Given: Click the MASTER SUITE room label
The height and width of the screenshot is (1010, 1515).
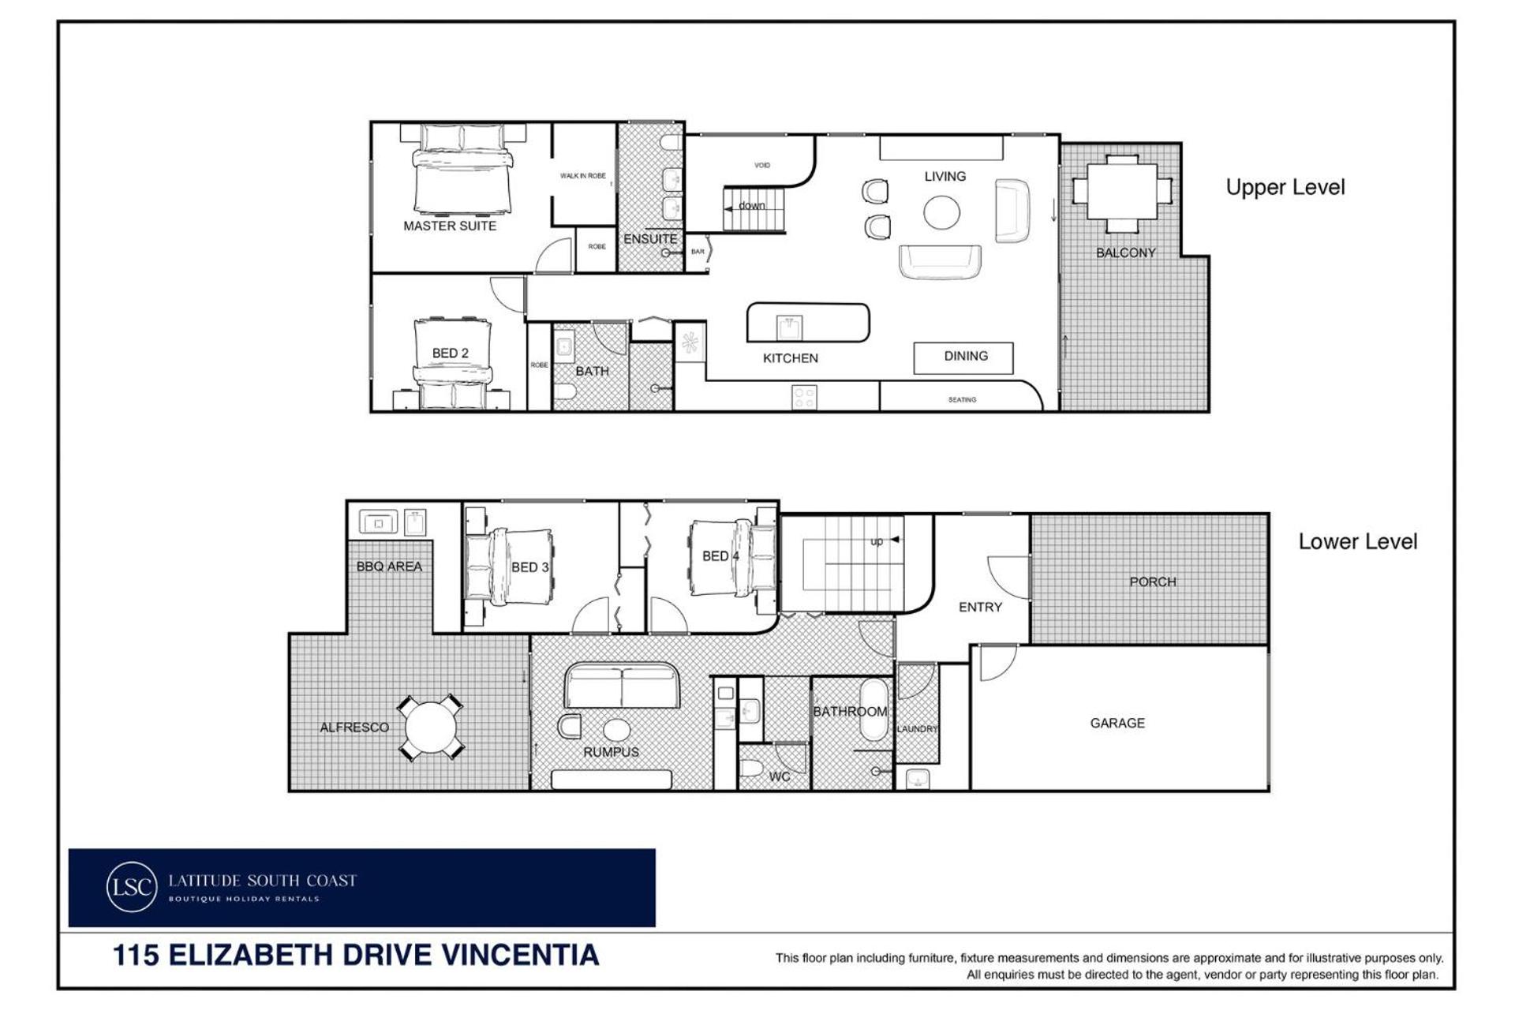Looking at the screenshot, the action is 450,226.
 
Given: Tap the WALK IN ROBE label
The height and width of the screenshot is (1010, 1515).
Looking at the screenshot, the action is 583,176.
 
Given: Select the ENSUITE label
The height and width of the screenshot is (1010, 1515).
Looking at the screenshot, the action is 650,239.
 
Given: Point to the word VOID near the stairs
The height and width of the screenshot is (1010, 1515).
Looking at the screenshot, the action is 762,165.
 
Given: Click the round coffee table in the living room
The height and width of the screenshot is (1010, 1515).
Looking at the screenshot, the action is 942,212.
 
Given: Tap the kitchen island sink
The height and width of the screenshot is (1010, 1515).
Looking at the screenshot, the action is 789,326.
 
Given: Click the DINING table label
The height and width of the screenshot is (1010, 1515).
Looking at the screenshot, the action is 966,356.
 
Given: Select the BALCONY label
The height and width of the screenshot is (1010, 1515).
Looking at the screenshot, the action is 1126,252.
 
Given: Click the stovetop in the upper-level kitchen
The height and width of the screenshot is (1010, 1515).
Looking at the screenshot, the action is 804,398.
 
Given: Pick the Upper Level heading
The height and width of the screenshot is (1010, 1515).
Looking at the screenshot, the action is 1285,188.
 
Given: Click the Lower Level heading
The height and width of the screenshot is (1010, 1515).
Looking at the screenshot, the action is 1358,542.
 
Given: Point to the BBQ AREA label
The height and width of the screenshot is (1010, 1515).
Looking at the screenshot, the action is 389,567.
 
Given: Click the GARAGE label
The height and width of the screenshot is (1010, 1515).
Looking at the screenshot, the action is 1117,723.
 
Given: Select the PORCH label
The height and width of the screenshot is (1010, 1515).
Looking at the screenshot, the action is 1153,582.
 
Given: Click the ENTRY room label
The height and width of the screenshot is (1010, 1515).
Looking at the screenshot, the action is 980,607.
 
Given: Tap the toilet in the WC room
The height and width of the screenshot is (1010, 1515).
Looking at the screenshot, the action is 752,768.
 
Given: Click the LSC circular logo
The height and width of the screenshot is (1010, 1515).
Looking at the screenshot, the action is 131,887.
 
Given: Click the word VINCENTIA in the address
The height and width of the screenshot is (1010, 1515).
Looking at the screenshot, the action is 519,955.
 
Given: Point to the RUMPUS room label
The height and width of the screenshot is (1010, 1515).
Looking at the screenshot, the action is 611,752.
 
